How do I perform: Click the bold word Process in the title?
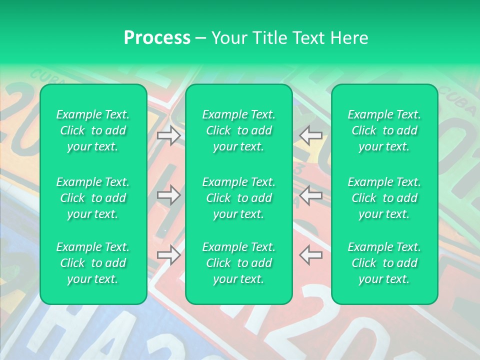(x=157, y=38)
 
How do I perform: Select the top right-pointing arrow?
(x=169, y=135)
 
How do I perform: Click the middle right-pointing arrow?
(x=169, y=195)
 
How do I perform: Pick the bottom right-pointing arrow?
(x=169, y=255)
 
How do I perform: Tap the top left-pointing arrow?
(x=310, y=135)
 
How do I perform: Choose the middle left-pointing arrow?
(x=310, y=195)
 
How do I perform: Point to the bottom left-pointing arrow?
(x=310, y=254)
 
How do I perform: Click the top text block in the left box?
(x=93, y=130)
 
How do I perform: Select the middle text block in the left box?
(x=93, y=198)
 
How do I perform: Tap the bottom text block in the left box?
(x=93, y=263)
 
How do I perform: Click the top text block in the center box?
(x=238, y=130)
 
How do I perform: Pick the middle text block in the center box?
(x=238, y=198)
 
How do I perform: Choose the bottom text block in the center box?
(x=238, y=263)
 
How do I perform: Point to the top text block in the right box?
(x=384, y=130)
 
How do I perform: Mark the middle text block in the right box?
(x=384, y=198)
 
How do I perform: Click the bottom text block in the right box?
(x=384, y=263)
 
